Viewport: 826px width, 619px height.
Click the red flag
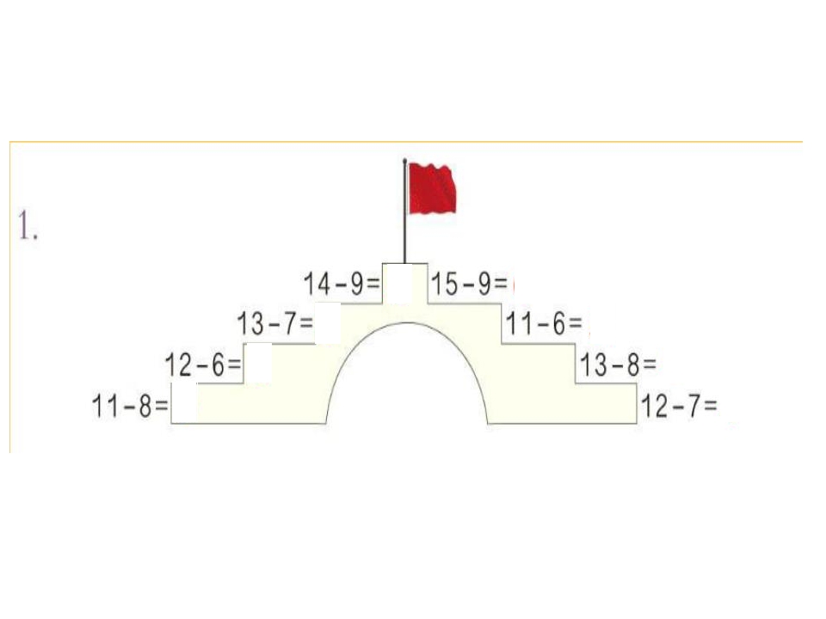coord(433,188)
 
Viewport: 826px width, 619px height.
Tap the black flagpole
coord(404,211)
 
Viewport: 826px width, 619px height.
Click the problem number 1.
coord(28,225)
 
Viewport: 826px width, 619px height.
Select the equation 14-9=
coord(342,284)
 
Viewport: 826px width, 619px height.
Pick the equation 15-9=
coord(470,284)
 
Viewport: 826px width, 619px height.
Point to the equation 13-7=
coord(274,323)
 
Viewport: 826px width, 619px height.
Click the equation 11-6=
coord(544,323)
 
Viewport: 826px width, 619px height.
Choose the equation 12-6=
coord(203,365)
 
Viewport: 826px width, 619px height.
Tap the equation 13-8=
coord(618,365)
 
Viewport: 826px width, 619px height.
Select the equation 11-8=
coord(130,406)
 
